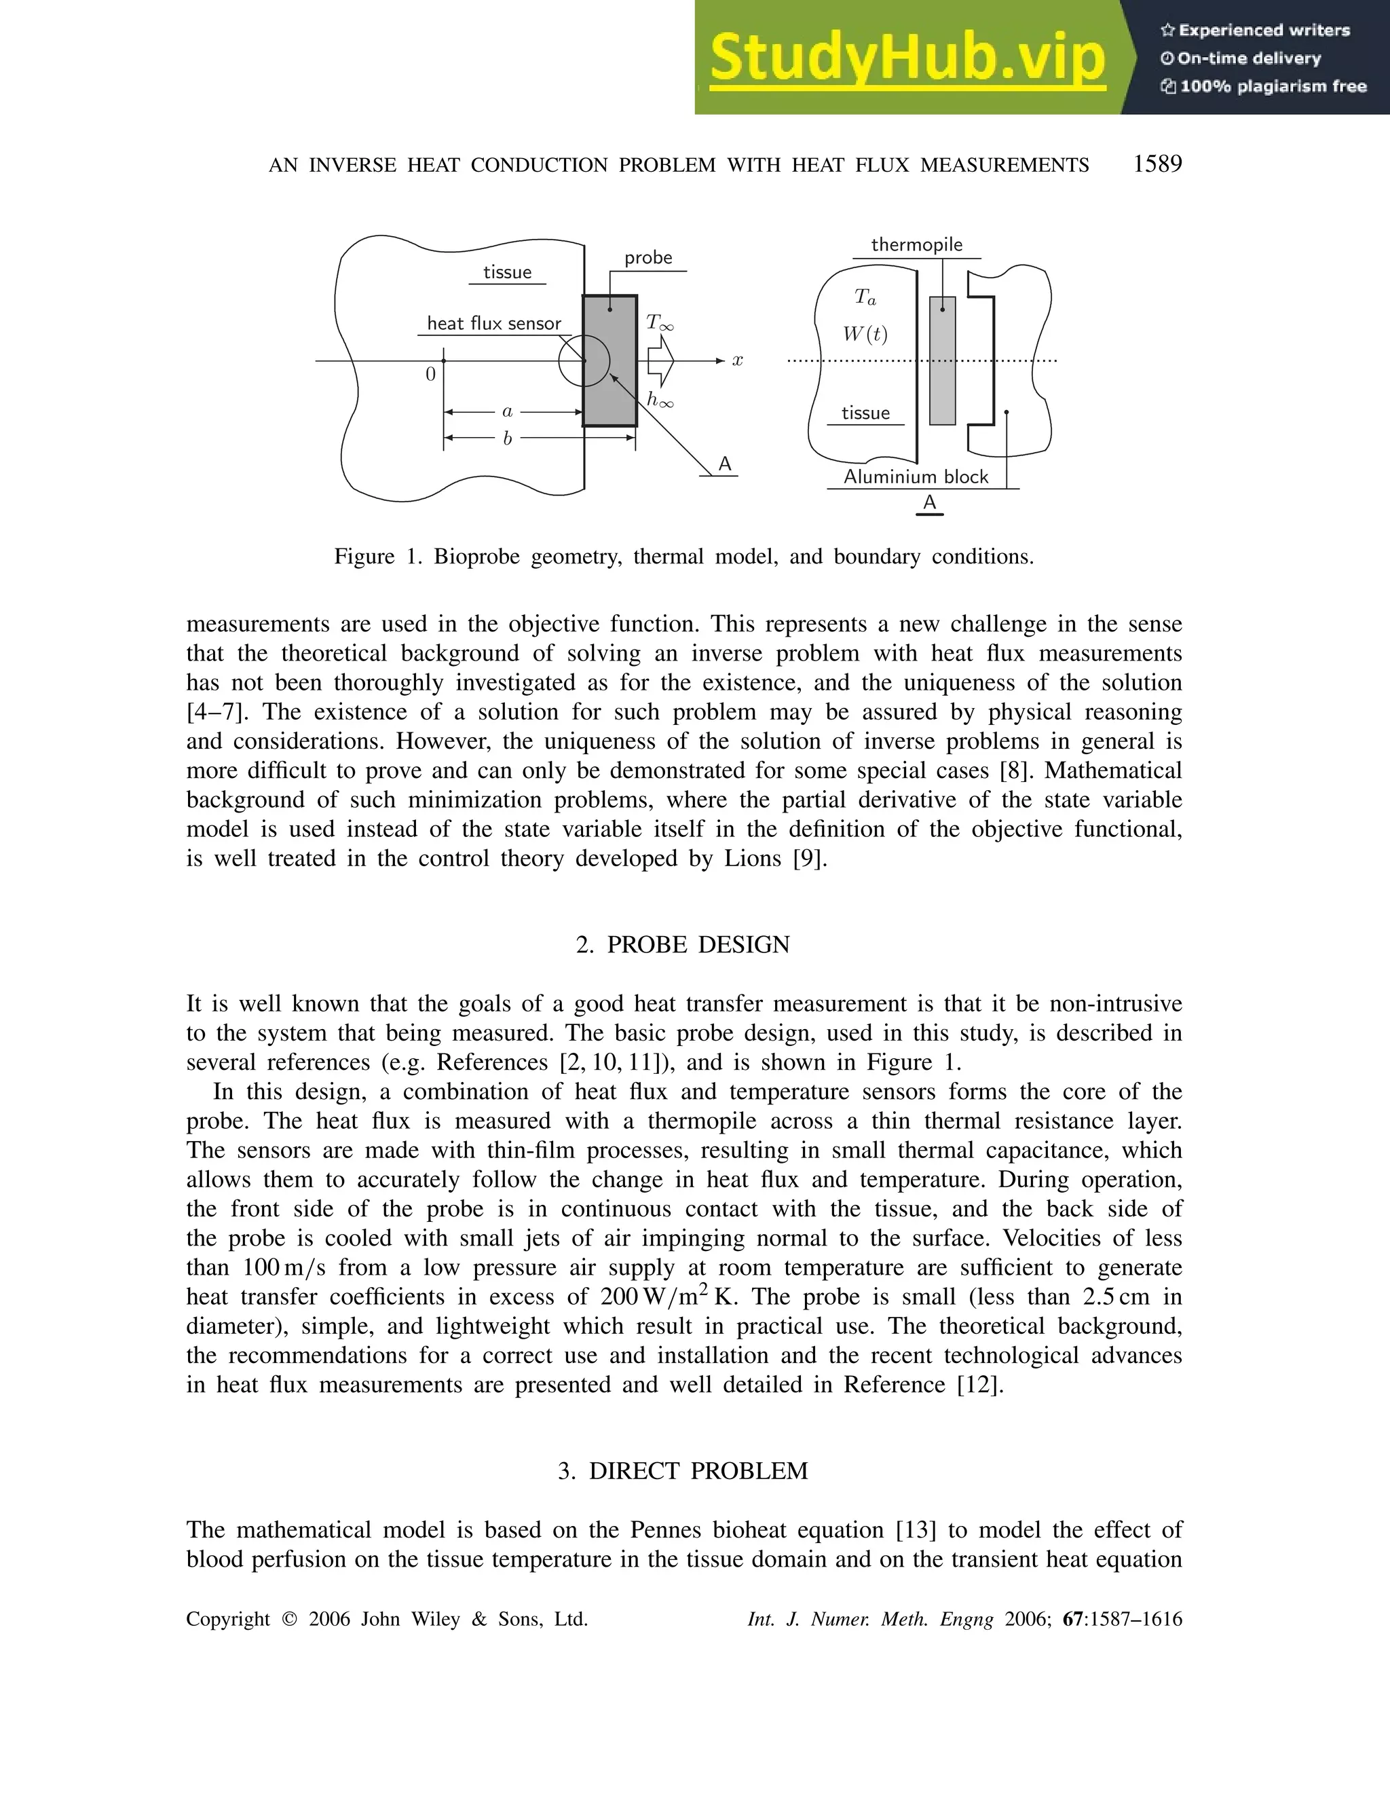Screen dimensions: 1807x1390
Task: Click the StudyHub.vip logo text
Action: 907,58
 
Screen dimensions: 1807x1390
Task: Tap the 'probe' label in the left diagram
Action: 648,257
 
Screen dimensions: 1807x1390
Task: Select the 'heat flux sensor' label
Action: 494,324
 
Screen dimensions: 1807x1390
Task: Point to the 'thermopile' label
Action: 917,245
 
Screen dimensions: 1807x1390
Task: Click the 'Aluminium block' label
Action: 916,477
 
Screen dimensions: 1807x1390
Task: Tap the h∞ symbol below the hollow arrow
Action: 660,400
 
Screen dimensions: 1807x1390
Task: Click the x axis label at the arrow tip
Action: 737,360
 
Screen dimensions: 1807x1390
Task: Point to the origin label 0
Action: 430,375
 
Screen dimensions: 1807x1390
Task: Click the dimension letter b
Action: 507,439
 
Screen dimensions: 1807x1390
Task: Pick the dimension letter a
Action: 507,411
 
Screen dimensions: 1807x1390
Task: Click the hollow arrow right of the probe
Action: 661,360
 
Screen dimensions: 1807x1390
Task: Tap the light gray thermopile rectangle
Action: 942,360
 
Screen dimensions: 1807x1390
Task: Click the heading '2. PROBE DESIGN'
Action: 683,945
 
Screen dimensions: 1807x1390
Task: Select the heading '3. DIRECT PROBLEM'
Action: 683,1471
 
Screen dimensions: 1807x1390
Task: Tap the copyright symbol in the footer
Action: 288,1619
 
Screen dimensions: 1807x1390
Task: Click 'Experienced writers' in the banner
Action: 1264,31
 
